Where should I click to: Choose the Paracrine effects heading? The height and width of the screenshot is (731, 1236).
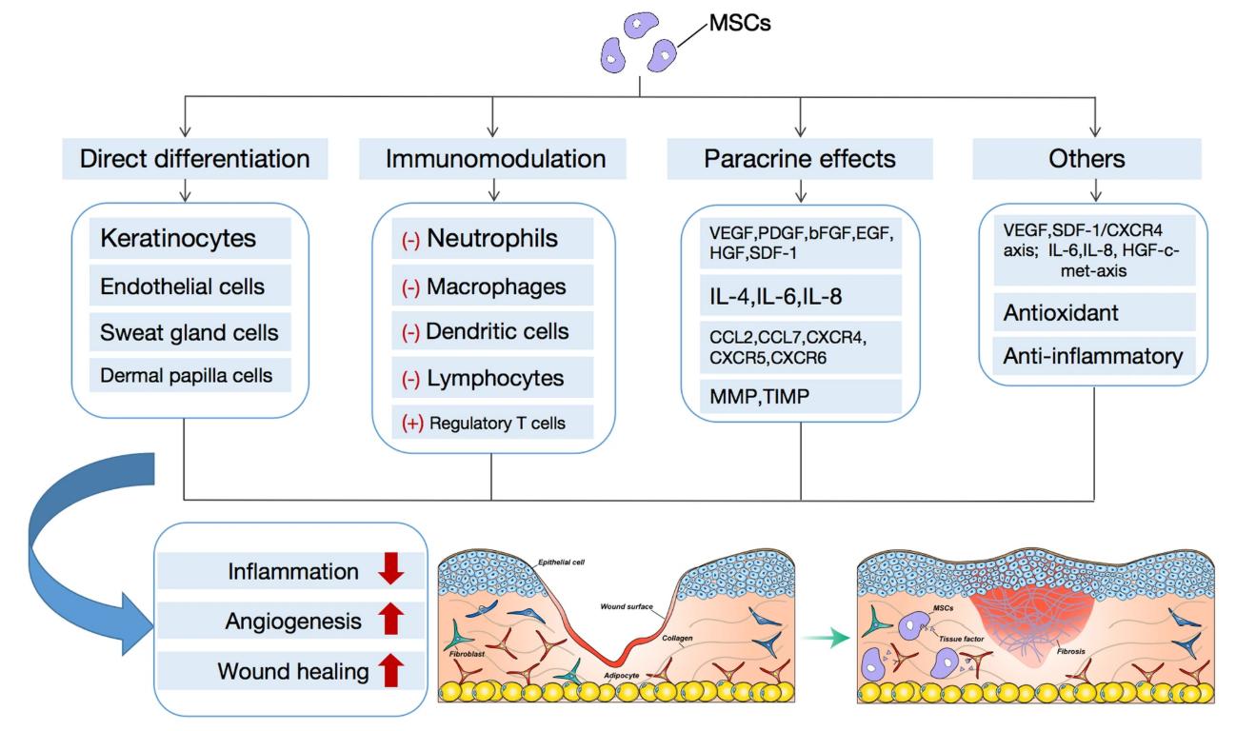(x=800, y=159)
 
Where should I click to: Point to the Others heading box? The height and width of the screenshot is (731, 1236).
(x=1097, y=159)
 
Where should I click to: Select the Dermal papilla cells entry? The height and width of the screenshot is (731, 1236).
(x=184, y=375)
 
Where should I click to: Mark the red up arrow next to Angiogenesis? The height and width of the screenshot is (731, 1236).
(x=391, y=622)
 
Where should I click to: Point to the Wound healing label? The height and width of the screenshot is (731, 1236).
(x=292, y=673)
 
